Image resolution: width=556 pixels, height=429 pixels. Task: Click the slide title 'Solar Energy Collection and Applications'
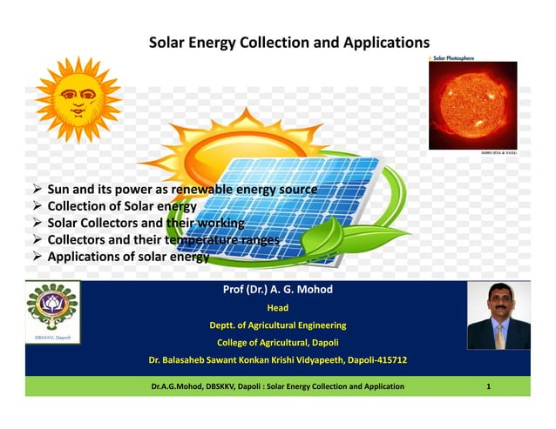click(x=289, y=42)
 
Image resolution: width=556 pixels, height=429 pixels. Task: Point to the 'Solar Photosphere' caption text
click(x=452, y=57)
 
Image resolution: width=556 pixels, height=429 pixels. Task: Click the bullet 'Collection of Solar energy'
click(x=122, y=206)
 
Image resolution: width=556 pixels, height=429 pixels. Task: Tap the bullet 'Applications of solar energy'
click(x=127, y=257)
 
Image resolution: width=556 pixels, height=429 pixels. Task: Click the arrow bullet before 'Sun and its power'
click(x=37, y=190)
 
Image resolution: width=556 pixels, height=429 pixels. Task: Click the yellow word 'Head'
click(x=277, y=308)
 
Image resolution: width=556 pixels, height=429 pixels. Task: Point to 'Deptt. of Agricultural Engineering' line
click(x=277, y=325)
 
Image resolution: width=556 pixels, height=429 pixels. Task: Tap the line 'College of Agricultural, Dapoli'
click(x=277, y=342)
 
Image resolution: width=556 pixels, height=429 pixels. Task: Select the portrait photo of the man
click(x=498, y=316)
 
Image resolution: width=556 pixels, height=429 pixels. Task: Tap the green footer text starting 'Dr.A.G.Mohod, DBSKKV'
click(x=277, y=385)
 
